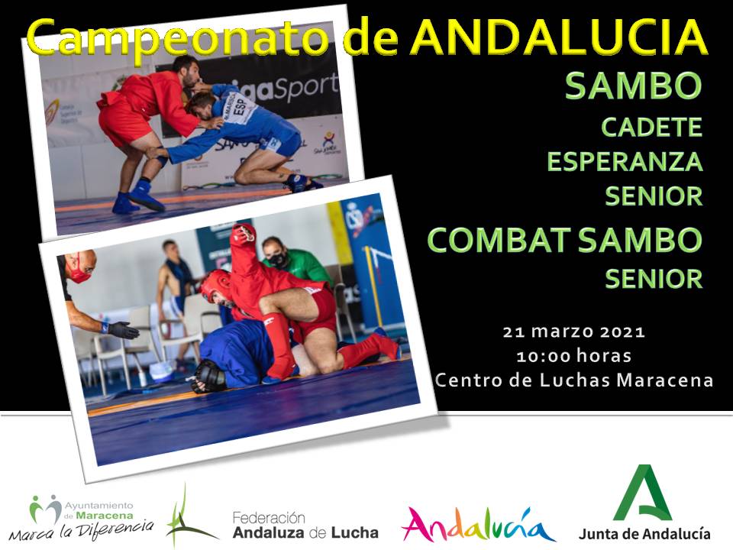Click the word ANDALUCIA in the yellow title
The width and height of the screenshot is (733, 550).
[x=560, y=37]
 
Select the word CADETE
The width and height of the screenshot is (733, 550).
[x=651, y=128]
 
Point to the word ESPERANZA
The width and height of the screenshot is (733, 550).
[x=625, y=162]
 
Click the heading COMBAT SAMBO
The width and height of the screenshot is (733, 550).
[x=565, y=241]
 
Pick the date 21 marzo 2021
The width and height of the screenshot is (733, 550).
[x=573, y=332]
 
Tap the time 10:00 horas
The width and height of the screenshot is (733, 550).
[x=573, y=356]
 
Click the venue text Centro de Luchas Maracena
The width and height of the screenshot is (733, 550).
[x=573, y=380]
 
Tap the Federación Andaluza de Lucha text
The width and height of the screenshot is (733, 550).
[x=305, y=526]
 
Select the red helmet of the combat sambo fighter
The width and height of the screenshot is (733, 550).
[x=215, y=284]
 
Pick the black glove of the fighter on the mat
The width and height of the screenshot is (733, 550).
[x=208, y=376]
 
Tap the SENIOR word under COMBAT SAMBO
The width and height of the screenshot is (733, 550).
[x=654, y=280]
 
